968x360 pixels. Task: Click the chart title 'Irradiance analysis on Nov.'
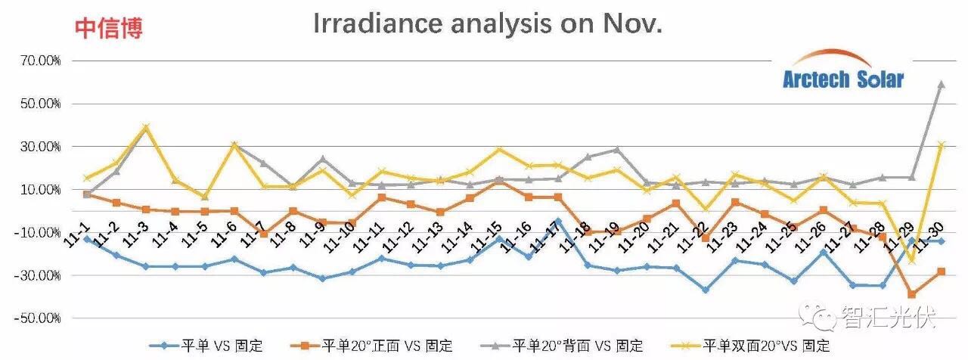[488, 24]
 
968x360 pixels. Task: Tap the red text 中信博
[108, 29]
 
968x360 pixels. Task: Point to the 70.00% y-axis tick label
[36, 61]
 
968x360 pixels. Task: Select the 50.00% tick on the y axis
[36, 104]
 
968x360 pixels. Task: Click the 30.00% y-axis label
[36, 147]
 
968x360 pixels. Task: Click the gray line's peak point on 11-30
[942, 84]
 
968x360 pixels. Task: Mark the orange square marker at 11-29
[912, 294]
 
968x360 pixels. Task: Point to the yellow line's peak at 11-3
[146, 127]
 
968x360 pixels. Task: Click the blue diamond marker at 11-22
[706, 290]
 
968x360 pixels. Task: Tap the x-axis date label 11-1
[76, 225]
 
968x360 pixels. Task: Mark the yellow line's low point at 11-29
[912, 260]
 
